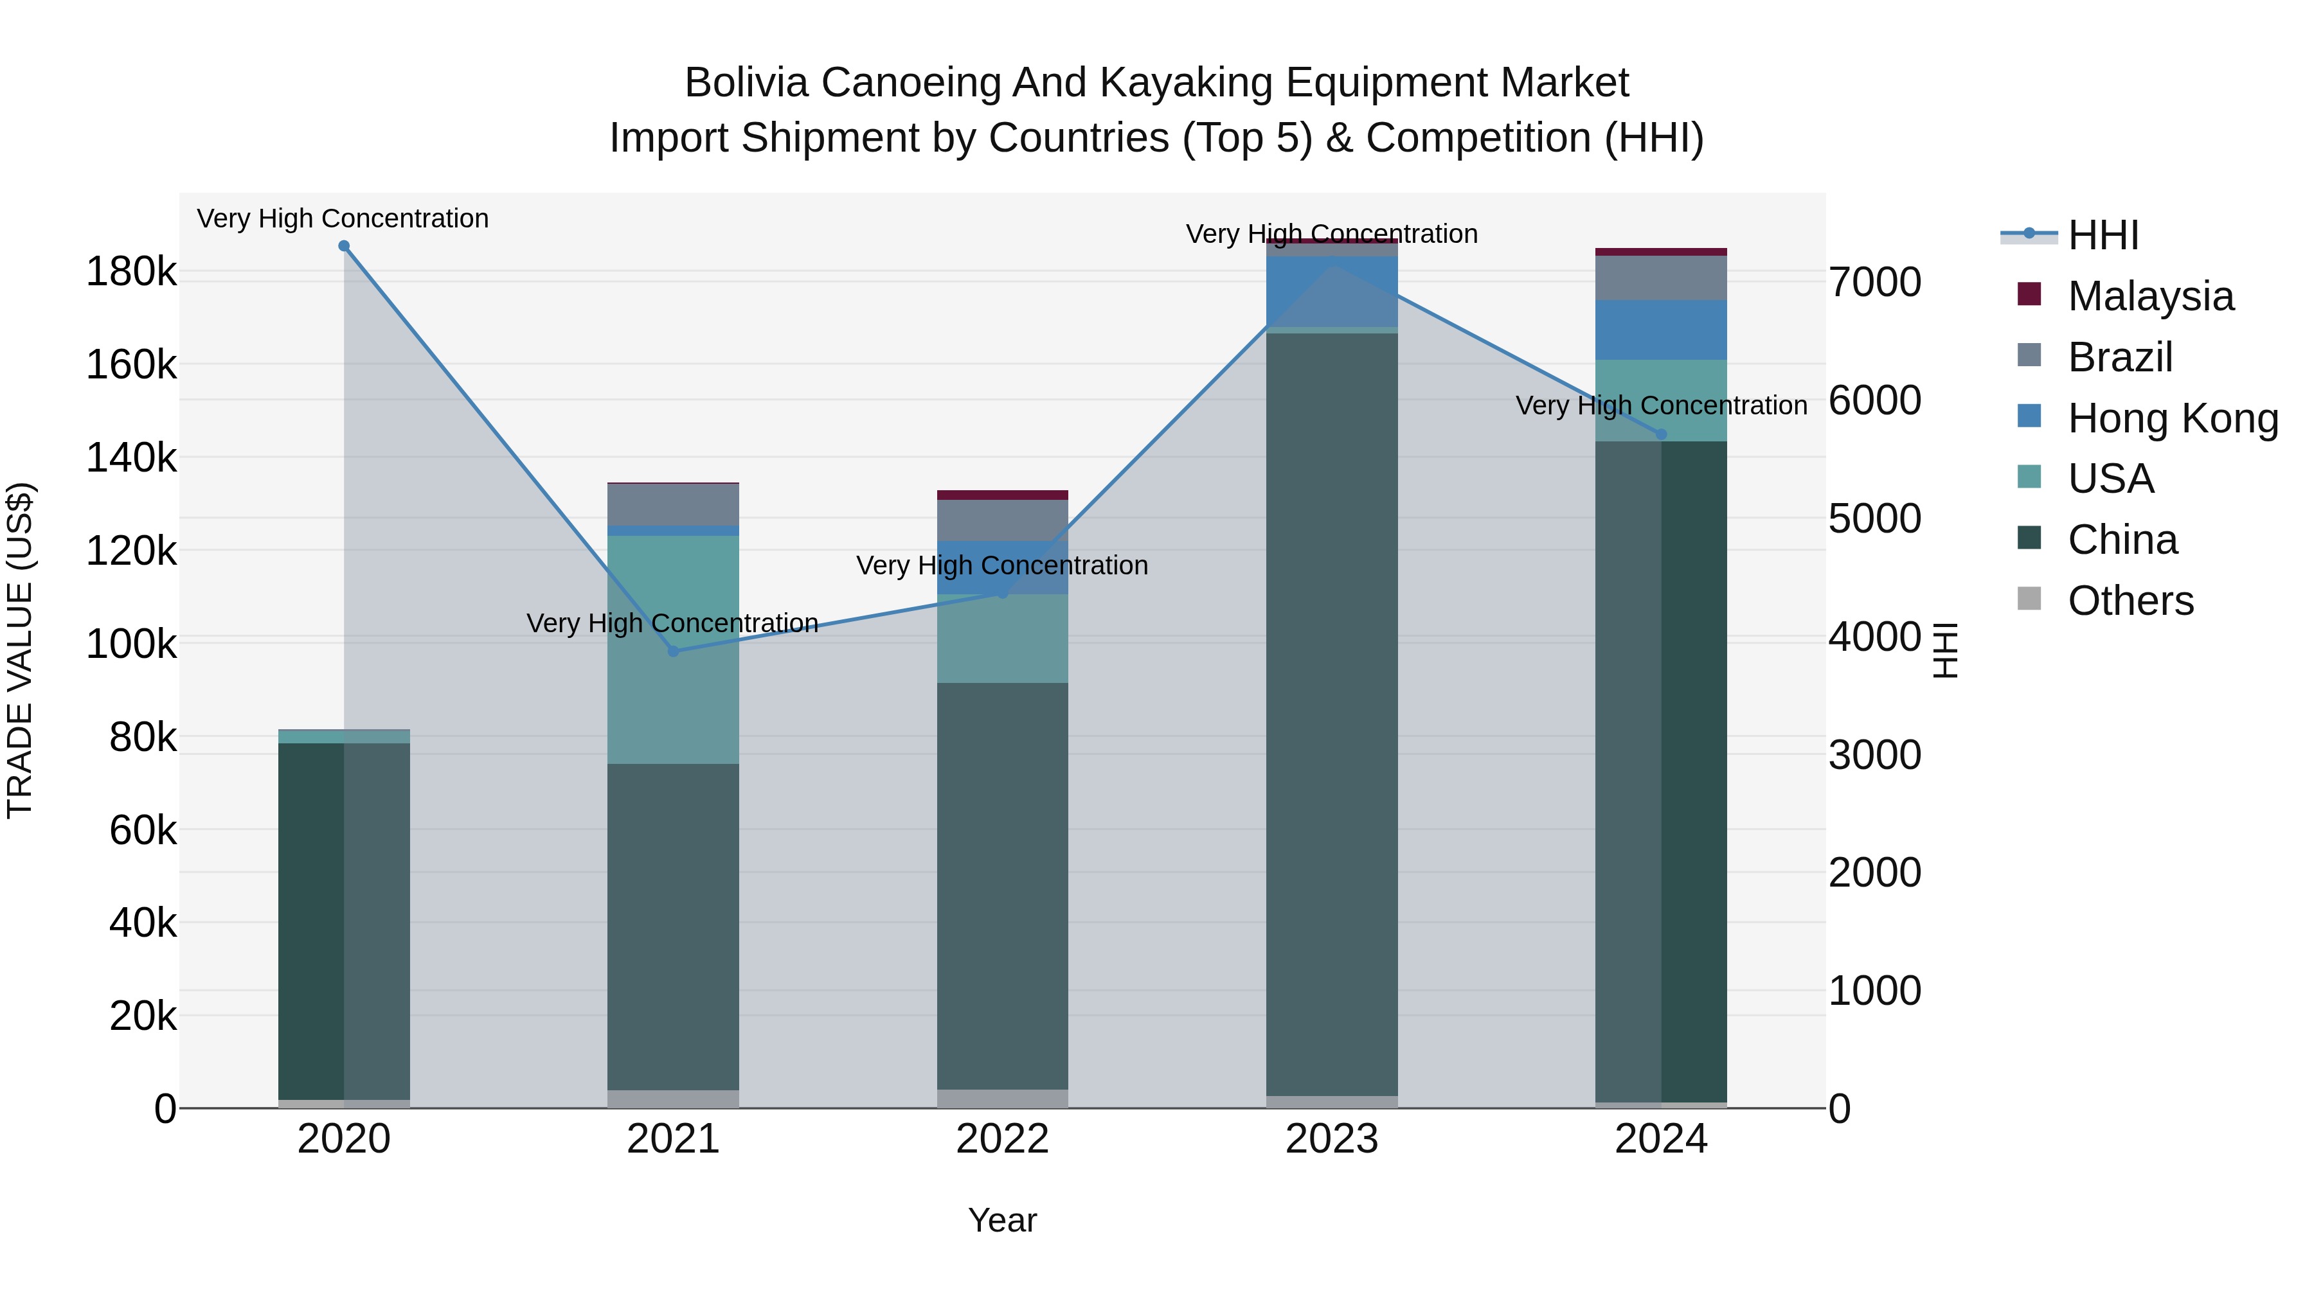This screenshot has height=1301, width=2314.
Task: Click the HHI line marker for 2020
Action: coord(344,246)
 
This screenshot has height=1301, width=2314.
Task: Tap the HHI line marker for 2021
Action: coord(674,651)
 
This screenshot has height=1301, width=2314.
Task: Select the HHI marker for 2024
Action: coord(1661,434)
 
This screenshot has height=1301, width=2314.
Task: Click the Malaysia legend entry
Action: coord(2149,296)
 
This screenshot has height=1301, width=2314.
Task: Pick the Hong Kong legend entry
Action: coord(2172,418)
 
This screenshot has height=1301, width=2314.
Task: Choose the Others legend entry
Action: coord(2130,601)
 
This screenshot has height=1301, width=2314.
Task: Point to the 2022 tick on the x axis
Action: coord(1003,1139)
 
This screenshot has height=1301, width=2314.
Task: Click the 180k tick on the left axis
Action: coord(131,272)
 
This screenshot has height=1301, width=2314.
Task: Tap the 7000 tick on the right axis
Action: coord(1876,282)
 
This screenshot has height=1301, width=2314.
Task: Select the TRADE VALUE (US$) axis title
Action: coord(20,650)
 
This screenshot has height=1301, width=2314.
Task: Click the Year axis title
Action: coord(1003,1220)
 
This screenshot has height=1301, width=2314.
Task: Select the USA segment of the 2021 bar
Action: coord(674,649)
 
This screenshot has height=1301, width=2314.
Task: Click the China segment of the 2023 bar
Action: coord(1332,714)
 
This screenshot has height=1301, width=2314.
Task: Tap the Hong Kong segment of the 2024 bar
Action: coord(1661,330)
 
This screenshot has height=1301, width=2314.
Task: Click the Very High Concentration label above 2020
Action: coord(343,218)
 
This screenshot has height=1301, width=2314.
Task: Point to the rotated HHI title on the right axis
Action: coord(1945,650)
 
